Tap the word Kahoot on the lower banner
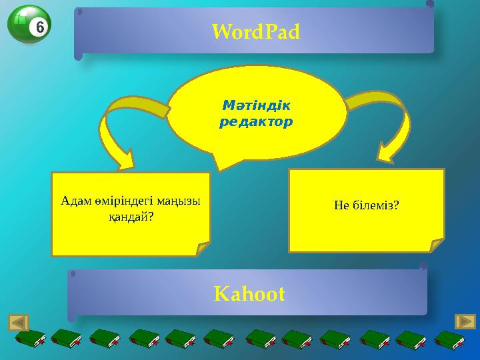pyautogui.click(x=249, y=293)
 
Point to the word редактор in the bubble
pyautogui.click(x=256, y=123)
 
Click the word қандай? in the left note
pyautogui.click(x=131, y=217)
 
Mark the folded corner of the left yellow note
pyautogui.click(x=202, y=249)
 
